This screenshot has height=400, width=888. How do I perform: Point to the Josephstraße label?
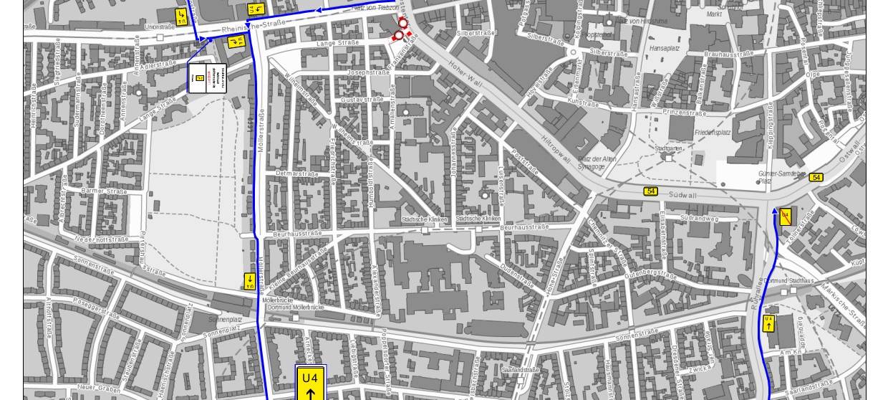click(x=367, y=72)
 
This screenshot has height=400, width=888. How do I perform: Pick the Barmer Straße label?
click(x=104, y=191)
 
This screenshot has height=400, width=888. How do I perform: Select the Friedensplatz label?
click(x=713, y=133)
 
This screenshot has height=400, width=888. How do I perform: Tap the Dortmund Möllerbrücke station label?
click(x=295, y=308)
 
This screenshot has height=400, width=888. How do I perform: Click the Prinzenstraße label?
click(x=685, y=113)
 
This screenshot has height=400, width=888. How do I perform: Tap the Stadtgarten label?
click(x=669, y=148)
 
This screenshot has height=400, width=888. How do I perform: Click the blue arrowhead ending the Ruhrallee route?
click(x=775, y=211)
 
